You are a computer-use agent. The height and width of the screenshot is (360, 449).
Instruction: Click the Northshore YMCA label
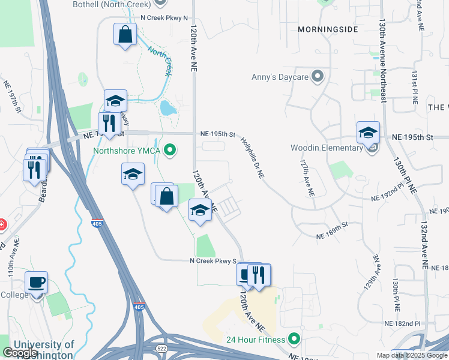click(126, 150)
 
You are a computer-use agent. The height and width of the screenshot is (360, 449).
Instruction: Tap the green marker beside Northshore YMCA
click(170, 149)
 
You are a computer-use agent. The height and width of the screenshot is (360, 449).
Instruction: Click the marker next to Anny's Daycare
click(318, 76)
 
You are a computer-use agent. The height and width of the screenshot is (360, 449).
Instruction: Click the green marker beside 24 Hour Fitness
click(294, 339)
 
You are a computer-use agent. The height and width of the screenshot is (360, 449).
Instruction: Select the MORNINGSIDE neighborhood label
click(328, 29)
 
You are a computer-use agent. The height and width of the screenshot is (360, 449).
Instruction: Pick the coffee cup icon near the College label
click(36, 281)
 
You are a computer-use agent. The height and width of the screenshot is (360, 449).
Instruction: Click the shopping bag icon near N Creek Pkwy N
click(125, 34)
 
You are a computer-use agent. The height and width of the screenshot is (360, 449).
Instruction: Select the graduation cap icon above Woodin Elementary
click(368, 132)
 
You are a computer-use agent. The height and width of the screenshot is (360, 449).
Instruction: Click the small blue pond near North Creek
click(166, 108)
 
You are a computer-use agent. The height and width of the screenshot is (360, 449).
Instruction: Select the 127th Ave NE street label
click(307, 178)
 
